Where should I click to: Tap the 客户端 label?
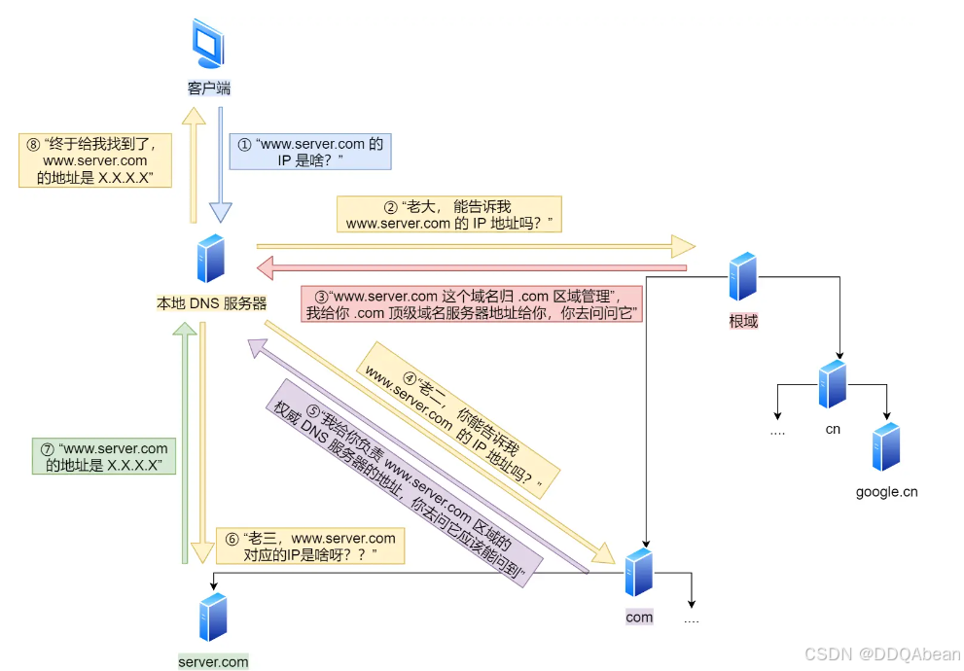pyautogui.click(x=209, y=88)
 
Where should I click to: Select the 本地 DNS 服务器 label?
pyautogui.click(x=211, y=303)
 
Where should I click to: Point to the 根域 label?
pyautogui.click(x=743, y=321)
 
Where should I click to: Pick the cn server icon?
pyautogui.click(x=832, y=384)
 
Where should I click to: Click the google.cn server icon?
pyautogui.click(x=885, y=447)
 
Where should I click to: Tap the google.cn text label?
pyautogui.click(x=886, y=491)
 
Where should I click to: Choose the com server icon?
pyautogui.click(x=639, y=574)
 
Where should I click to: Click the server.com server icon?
pyautogui.click(x=212, y=617)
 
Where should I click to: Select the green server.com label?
pyautogui.click(x=213, y=662)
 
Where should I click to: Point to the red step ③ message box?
pyautogui.click(x=471, y=304)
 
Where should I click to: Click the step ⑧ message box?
pyautogui.click(x=95, y=160)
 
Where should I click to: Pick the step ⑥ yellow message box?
pyautogui.click(x=309, y=546)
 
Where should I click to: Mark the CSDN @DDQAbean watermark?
pyautogui.click(x=883, y=654)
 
